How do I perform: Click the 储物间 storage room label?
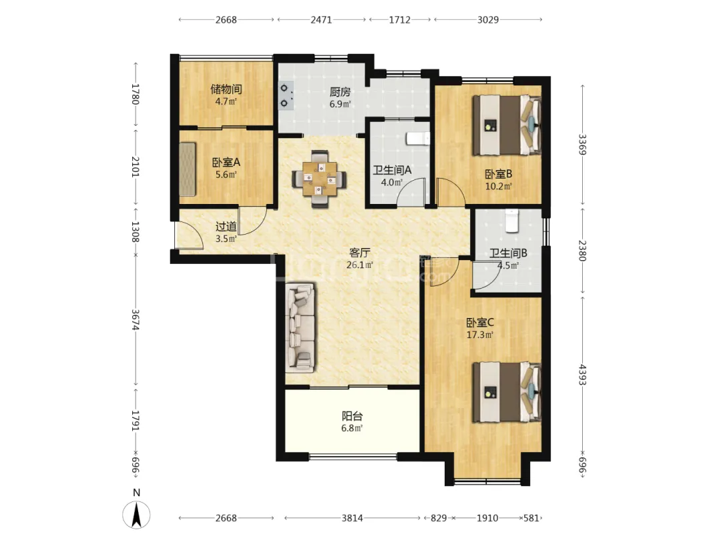pyautogui.click(x=226, y=89)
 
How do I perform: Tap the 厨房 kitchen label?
pyautogui.click(x=340, y=92)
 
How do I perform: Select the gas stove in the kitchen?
pyautogui.click(x=286, y=96)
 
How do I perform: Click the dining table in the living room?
pyautogui.click(x=320, y=179)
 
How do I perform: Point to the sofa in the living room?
pyautogui.click(x=300, y=327)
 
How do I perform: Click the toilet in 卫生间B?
pyautogui.click(x=511, y=221)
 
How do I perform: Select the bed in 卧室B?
pyautogui.click(x=507, y=125)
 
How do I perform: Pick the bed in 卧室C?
pyautogui.click(x=507, y=392)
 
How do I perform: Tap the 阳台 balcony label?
pyautogui.click(x=352, y=416)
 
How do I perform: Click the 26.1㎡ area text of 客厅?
pyautogui.click(x=360, y=265)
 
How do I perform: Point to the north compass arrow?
pyautogui.click(x=136, y=515)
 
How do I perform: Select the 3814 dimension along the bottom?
pyautogui.click(x=352, y=518)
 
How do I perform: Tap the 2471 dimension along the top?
pyautogui.click(x=321, y=20)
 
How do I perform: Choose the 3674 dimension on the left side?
pyautogui.click(x=135, y=319)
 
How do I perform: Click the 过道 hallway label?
pyautogui.click(x=226, y=227)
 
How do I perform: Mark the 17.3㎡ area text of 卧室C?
pyautogui.click(x=480, y=335)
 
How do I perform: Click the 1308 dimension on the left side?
pyautogui.click(x=135, y=232)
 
